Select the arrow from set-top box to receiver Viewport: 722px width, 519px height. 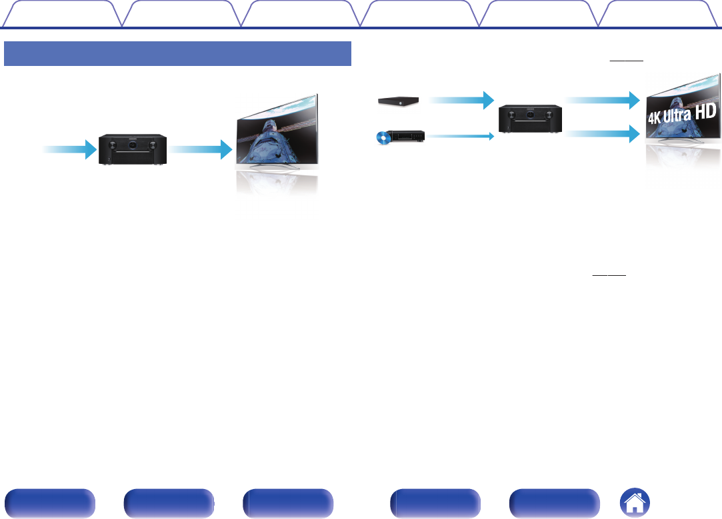click(461, 101)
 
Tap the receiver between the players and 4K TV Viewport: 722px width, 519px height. click(531, 117)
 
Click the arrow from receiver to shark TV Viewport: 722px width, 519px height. click(196, 150)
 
